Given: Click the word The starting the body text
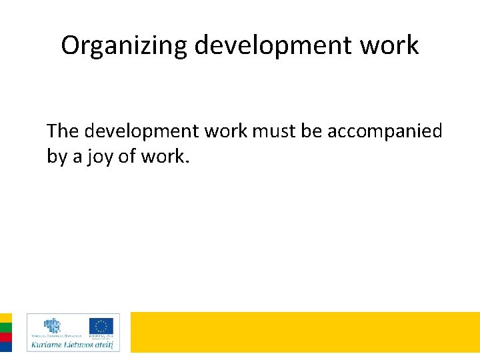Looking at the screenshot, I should [x=63, y=131].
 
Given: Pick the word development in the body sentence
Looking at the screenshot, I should [x=141, y=131].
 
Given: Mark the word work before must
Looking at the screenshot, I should [x=225, y=131].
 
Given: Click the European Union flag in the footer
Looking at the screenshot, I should [x=101, y=326].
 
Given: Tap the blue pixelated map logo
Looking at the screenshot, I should [x=53, y=325].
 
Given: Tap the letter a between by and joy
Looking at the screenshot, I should [x=77, y=158].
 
